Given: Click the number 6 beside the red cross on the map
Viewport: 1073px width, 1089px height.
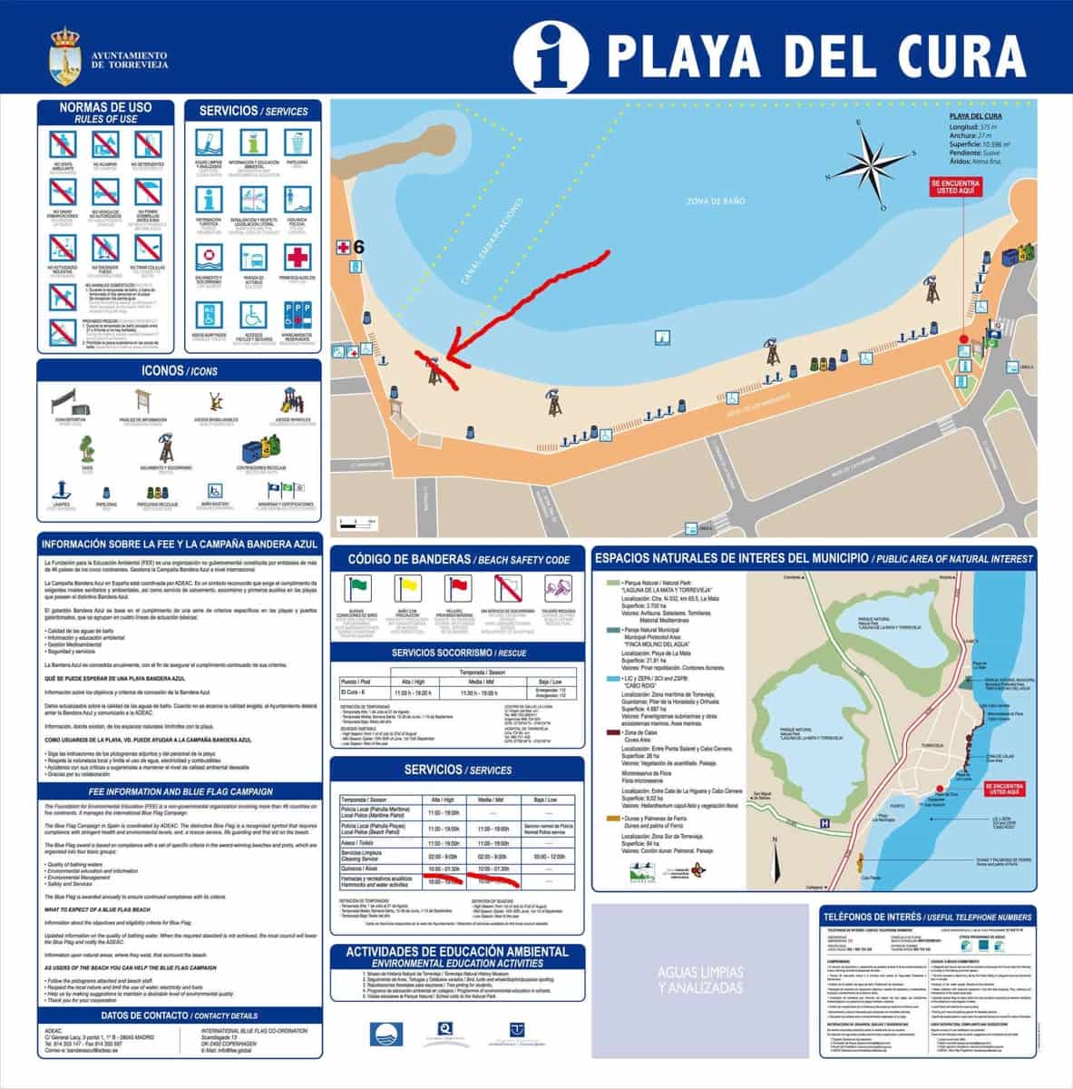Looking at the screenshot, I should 359,247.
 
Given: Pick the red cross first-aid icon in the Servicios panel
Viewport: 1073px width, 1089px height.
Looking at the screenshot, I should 298,257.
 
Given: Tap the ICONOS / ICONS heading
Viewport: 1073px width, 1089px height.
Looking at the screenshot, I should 179,371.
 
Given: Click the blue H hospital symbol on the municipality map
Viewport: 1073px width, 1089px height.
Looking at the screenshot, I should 824,823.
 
